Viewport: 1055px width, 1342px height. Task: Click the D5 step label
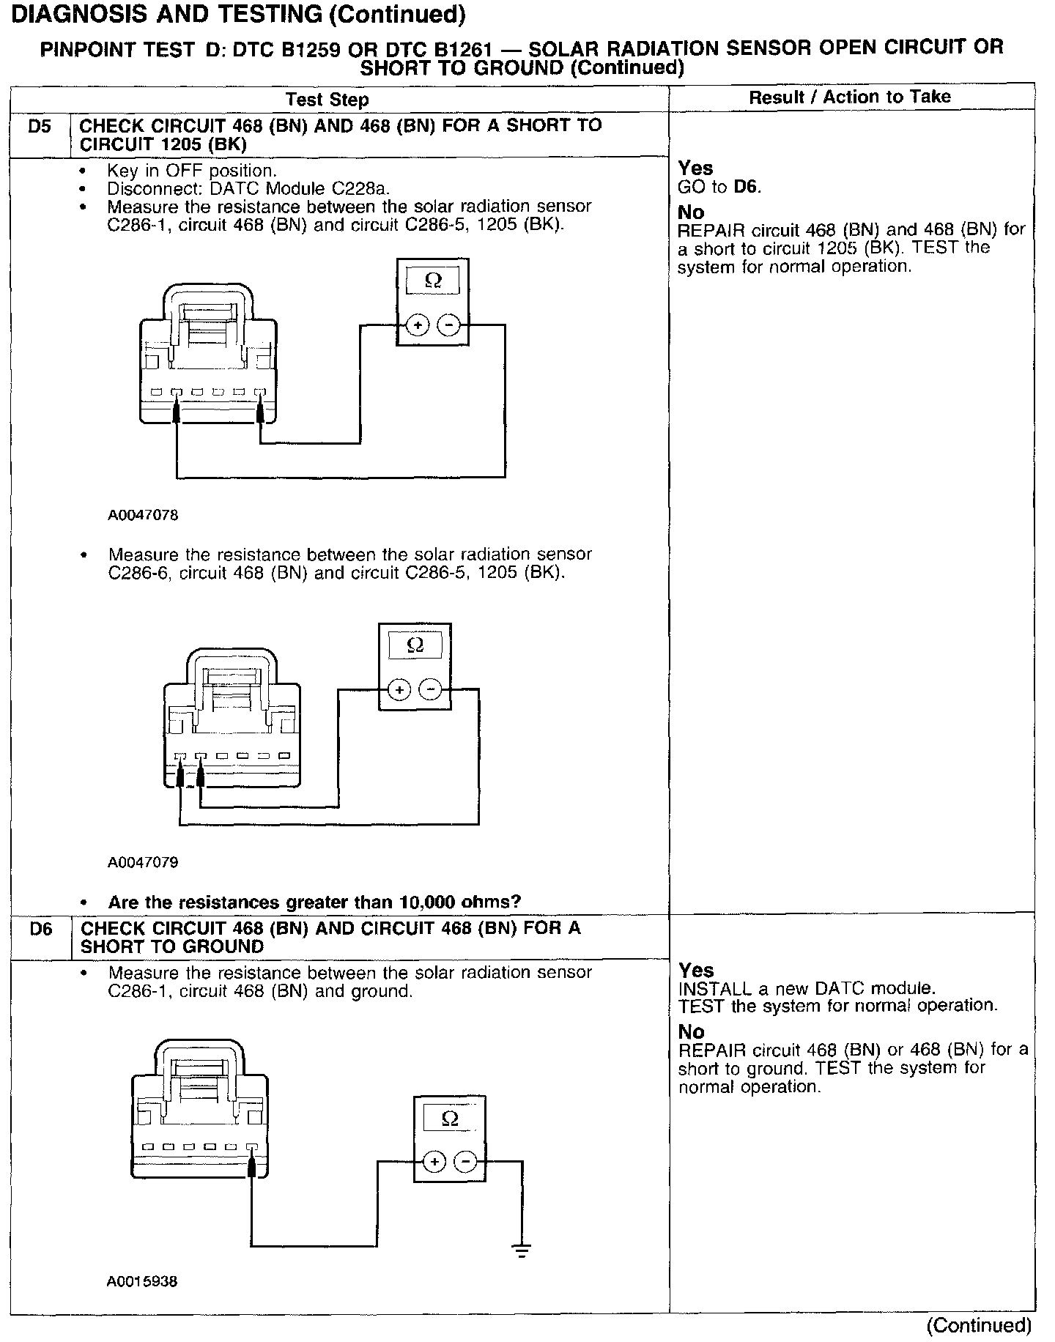click(40, 127)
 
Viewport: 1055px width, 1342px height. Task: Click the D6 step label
click(41, 929)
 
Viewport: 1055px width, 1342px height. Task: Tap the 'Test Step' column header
click(327, 100)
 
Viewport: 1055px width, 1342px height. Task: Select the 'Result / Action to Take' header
click(850, 97)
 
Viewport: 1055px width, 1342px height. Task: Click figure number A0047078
click(143, 515)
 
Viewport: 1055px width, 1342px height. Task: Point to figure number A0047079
click(143, 862)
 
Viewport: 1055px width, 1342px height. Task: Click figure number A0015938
click(142, 1281)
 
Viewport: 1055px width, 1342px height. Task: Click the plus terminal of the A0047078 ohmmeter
click(417, 325)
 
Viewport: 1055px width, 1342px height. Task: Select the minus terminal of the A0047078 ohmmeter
click(448, 325)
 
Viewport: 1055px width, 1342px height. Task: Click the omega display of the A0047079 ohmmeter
click(415, 645)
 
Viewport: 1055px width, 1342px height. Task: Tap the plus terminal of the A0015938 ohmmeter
click(434, 1162)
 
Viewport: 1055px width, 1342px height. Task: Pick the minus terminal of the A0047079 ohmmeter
click(430, 689)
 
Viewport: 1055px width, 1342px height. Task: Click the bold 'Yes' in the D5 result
click(695, 168)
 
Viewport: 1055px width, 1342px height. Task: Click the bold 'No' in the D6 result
click(691, 1031)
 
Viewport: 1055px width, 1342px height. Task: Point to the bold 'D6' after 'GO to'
click(747, 187)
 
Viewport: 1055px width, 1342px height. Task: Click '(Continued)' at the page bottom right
click(979, 1324)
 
